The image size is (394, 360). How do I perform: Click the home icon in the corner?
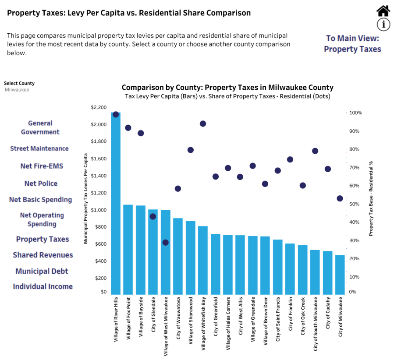[x=383, y=11]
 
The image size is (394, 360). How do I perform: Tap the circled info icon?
[x=383, y=25]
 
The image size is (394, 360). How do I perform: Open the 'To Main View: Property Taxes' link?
[x=352, y=43]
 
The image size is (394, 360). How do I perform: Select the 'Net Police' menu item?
[x=41, y=184]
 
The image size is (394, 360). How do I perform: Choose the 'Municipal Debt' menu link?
[x=42, y=271]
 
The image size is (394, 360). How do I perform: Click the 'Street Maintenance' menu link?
[x=39, y=148]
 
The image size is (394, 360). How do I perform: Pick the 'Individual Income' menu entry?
[x=43, y=286]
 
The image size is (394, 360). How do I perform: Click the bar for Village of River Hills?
[x=116, y=203]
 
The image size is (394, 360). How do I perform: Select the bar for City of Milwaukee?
[x=340, y=275]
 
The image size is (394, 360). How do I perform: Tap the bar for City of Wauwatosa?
[x=178, y=256]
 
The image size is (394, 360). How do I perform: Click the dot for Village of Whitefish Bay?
[x=203, y=124]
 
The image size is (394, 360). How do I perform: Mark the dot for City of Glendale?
[x=153, y=216]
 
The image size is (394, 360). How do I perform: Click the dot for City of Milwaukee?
[x=340, y=198]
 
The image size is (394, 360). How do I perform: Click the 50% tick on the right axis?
[x=354, y=204]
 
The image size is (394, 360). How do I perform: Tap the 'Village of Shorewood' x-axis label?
[x=191, y=321]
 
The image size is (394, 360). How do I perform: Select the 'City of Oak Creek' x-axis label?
[x=303, y=316]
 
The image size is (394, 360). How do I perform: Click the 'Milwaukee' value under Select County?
[x=17, y=90]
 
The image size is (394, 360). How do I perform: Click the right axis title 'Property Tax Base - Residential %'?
[x=371, y=198]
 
